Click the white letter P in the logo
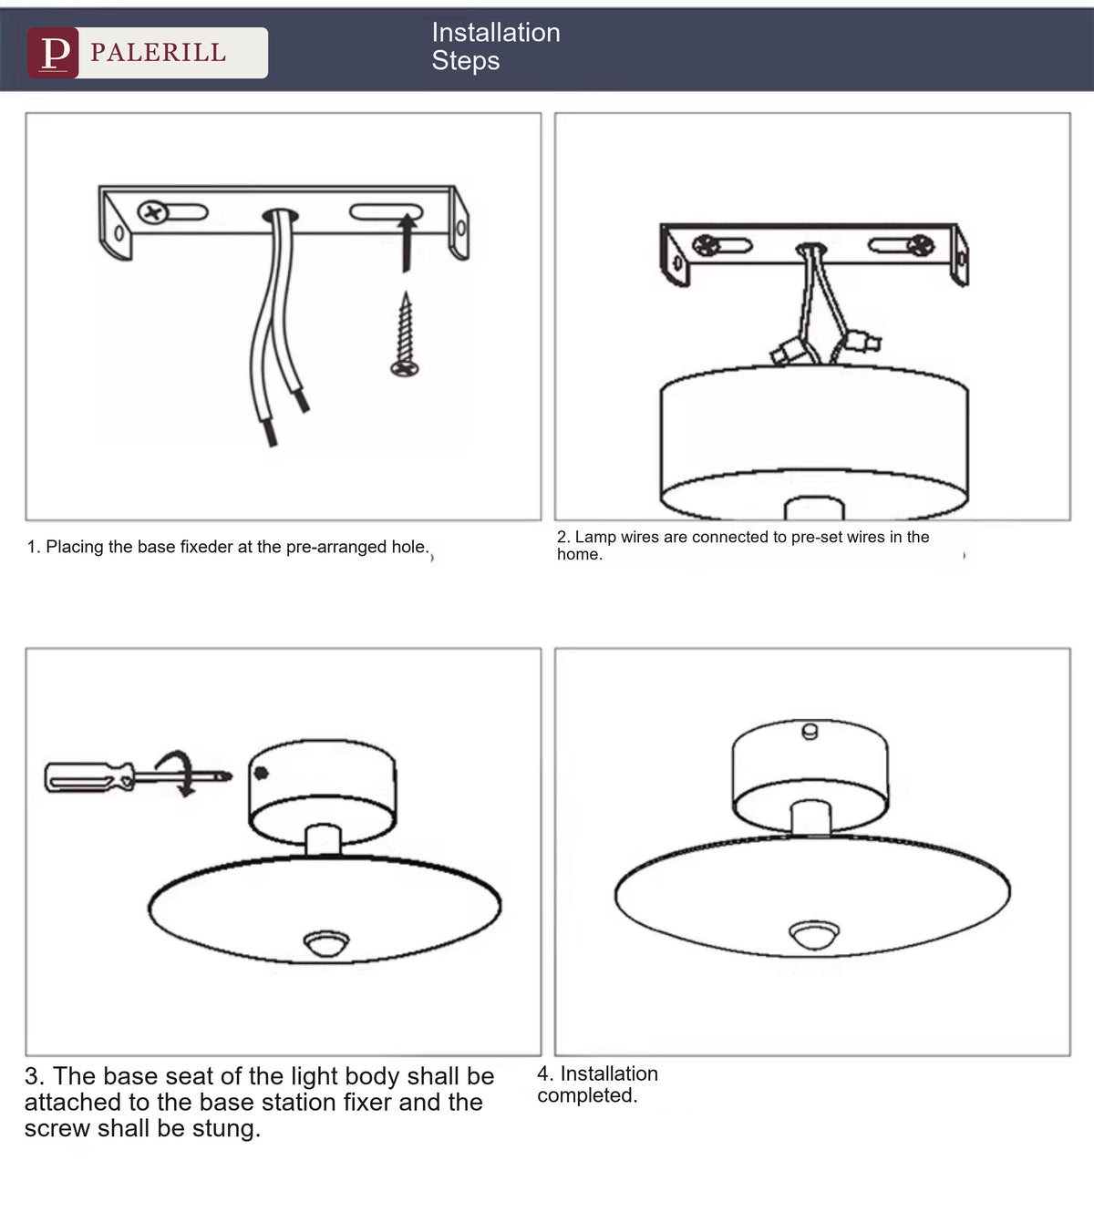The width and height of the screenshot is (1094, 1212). coord(55,53)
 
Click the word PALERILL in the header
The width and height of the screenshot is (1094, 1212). coord(159,53)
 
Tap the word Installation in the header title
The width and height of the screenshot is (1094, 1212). coord(496,32)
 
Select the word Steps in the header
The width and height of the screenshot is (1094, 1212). coord(465,61)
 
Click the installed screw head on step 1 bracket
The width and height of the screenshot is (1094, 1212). coord(153,212)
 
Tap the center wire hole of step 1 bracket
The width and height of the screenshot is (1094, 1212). coord(280,214)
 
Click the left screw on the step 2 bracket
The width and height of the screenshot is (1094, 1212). coord(706,245)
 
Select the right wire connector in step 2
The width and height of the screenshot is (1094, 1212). coord(862,342)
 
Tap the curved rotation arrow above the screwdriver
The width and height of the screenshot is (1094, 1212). coord(181,773)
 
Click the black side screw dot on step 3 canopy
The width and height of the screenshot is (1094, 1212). coord(261,773)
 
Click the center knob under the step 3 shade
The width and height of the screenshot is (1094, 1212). coord(326,943)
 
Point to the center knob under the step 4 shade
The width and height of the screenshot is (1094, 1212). coord(814,934)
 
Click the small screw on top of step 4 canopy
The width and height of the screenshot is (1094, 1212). coord(810,731)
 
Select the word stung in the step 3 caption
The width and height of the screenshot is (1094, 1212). coord(224,1128)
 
